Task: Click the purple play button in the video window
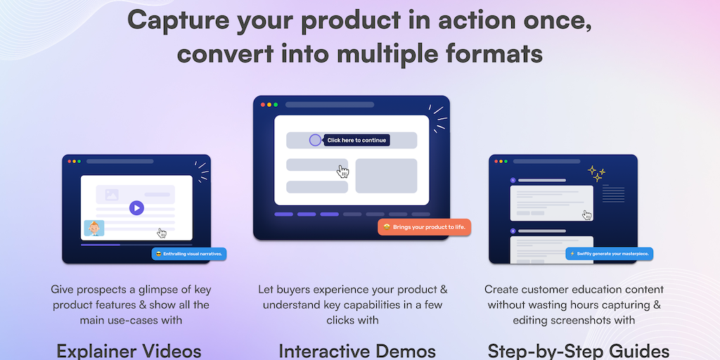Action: (136, 208)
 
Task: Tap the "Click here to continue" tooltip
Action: (356, 140)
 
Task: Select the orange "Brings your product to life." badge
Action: (424, 227)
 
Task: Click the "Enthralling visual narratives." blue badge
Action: (189, 254)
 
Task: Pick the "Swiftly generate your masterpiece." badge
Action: (609, 253)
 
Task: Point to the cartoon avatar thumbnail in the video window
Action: (94, 229)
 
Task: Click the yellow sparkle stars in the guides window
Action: (596, 174)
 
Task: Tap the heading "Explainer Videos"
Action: (129, 352)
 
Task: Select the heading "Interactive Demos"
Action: (356, 352)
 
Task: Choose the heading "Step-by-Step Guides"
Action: (578, 352)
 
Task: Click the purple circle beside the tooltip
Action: (315, 140)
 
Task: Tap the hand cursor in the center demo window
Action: (342, 172)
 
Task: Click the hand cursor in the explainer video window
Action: (162, 233)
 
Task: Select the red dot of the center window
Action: (263, 105)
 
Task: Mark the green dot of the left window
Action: (79, 161)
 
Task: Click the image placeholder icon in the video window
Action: (112, 195)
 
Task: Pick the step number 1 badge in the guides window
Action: (513, 181)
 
